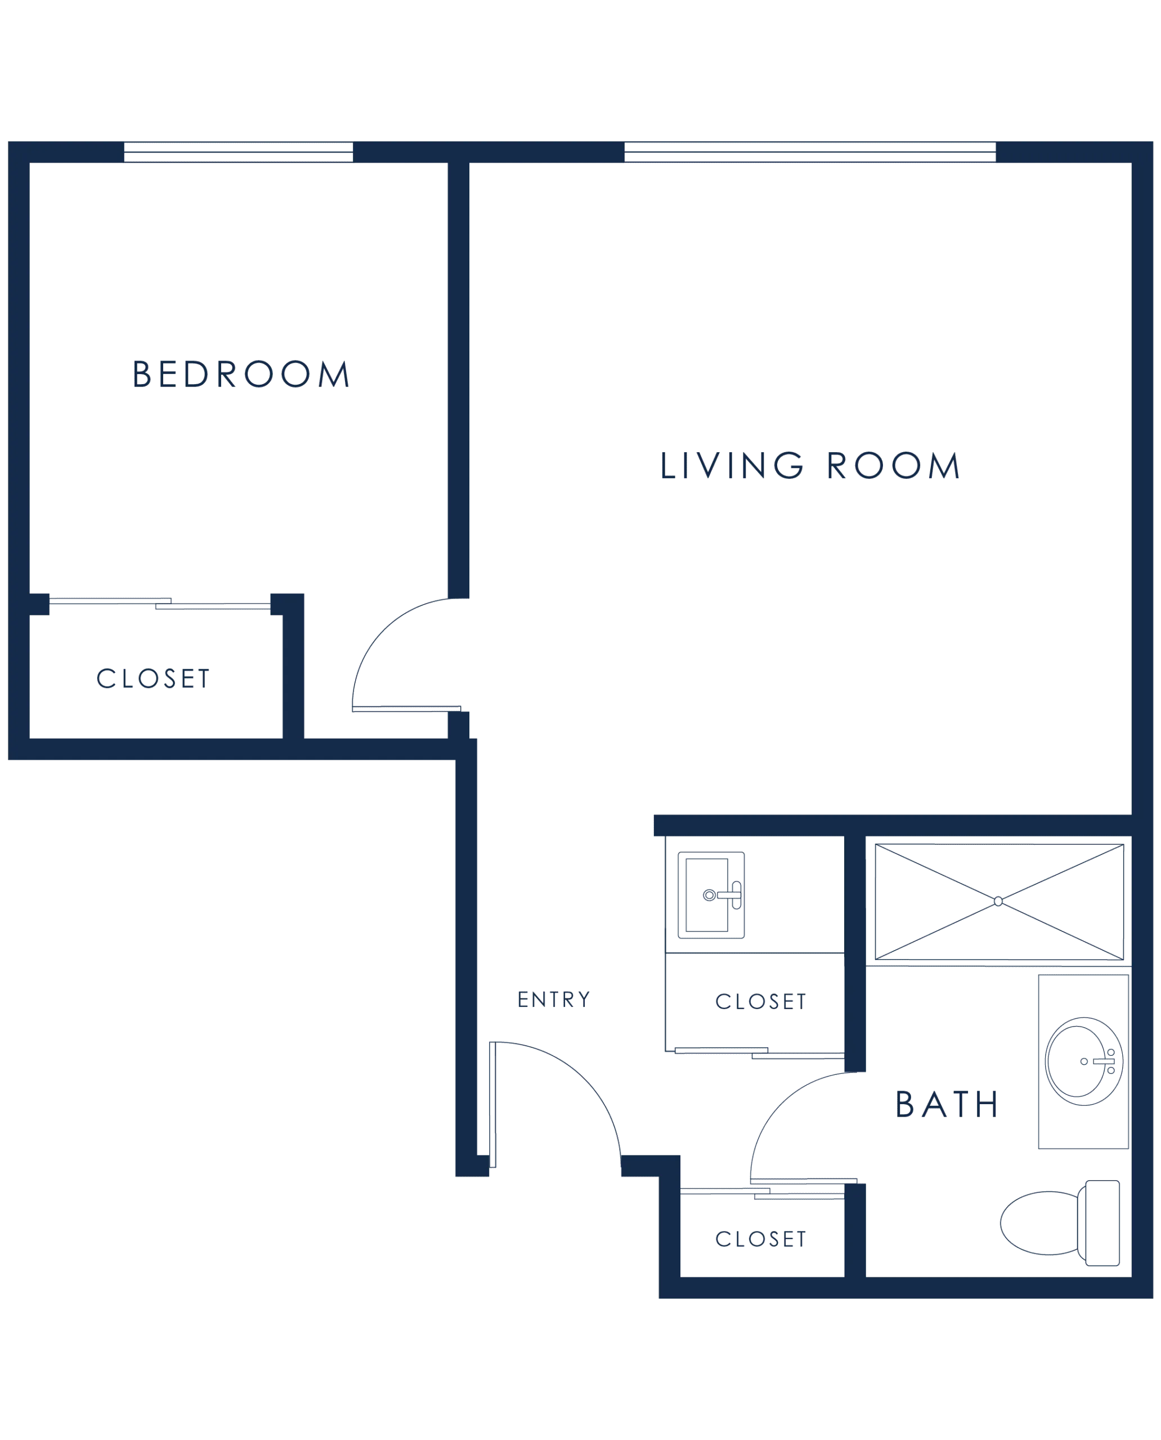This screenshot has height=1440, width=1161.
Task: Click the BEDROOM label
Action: pos(241,373)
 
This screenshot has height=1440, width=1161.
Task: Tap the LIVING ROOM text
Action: pos(810,465)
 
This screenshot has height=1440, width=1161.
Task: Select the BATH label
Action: pos(947,1104)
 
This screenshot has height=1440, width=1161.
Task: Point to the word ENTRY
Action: pos(554,1000)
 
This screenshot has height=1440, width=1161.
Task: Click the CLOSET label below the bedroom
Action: pos(153,678)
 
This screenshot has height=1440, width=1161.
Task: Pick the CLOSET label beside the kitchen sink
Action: pos(760,1001)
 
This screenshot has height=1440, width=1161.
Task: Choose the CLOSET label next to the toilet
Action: pos(760,1239)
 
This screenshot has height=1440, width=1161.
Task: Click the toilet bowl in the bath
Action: pos(1040,1223)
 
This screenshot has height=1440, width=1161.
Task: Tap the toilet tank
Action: pos(1102,1223)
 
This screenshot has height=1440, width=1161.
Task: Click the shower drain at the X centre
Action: pos(998,901)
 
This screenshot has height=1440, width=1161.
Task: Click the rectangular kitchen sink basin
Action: pos(706,894)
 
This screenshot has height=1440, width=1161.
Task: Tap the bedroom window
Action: pos(238,152)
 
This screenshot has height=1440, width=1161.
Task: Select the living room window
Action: pos(810,152)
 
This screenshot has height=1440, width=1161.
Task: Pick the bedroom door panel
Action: pos(407,709)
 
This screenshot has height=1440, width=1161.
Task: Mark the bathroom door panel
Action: pos(803,1181)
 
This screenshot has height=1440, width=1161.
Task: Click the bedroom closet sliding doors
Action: pos(160,604)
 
